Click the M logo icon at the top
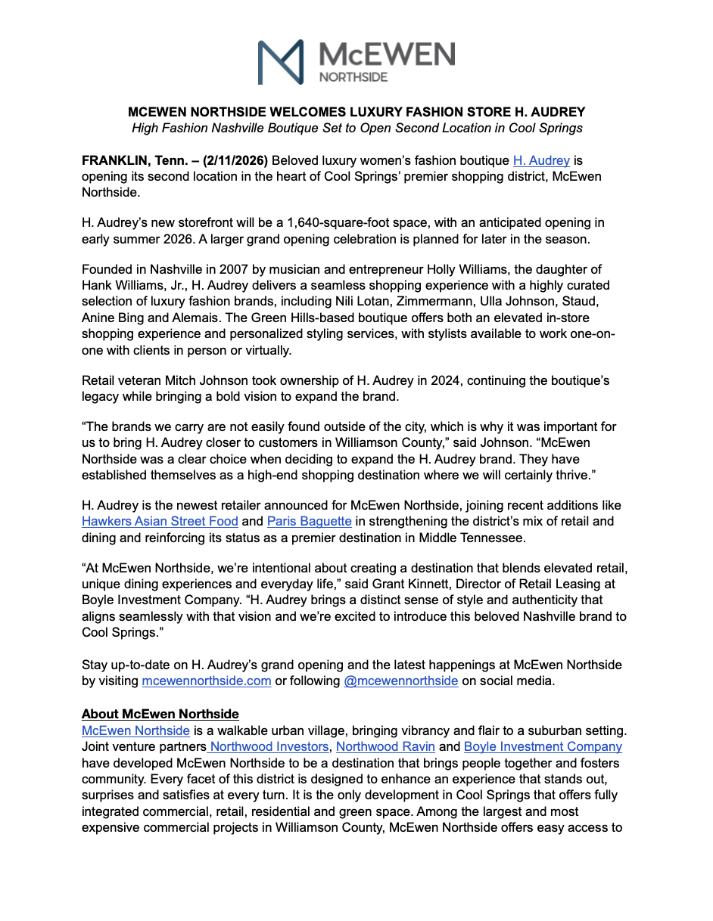click(x=281, y=61)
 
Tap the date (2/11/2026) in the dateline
click(x=231, y=160)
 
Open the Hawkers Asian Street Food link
click(x=160, y=521)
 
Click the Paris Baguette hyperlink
click(x=310, y=521)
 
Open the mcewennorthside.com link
click(x=207, y=681)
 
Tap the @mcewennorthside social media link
click(x=400, y=681)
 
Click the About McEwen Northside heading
click(x=160, y=714)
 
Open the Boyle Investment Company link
click(x=543, y=746)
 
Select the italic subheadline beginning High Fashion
click(x=356, y=128)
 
